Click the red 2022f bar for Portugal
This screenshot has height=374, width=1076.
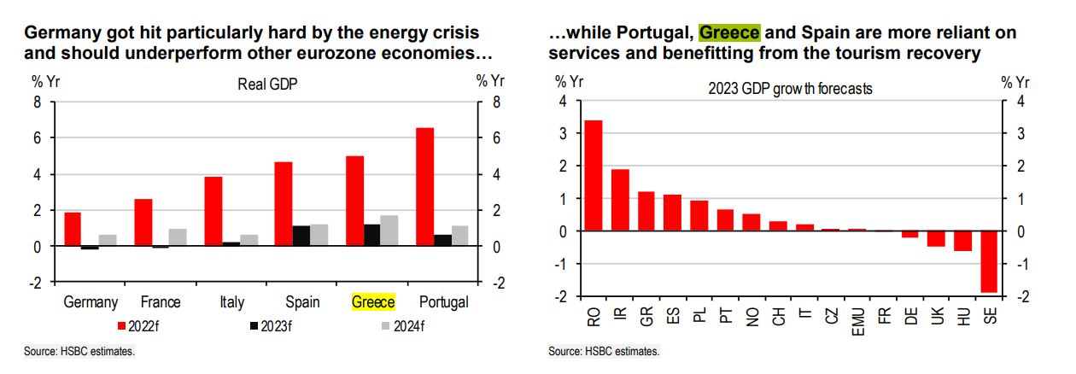pyautogui.click(x=424, y=187)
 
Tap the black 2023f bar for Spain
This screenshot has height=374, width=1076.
pyautogui.click(x=301, y=236)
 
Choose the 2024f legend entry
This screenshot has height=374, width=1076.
pyautogui.click(x=402, y=325)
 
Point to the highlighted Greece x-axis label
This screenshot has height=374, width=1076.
pyautogui.click(x=373, y=302)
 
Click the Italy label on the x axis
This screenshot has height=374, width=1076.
pyautogui.click(x=231, y=302)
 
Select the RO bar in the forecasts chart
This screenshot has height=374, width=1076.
pyautogui.click(x=594, y=176)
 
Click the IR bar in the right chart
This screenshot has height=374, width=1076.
pyautogui.click(x=621, y=200)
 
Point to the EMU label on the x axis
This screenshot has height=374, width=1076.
pyautogui.click(x=857, y=324)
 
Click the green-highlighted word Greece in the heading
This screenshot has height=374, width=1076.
pyautogui.click(x=729, y=33)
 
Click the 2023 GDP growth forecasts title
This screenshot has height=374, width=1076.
pyautogui.click(x=791, y=88)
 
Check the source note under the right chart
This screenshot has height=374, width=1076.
pyautogui.click(x=604, y=351)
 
